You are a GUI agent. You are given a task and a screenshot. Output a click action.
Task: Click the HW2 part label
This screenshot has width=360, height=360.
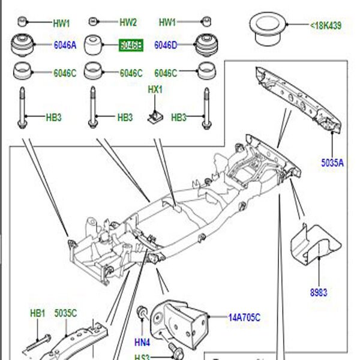tap(128, 23)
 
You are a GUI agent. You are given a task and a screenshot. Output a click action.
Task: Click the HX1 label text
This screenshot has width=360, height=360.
tap(155, 89)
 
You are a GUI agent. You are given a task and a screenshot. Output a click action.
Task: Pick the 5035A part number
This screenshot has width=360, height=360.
tap(331, 161)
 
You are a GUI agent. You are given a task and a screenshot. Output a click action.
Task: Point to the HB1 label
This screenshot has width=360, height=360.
tap(38, 313)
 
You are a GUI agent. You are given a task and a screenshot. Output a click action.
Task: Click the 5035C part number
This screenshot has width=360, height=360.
tap(65, 313)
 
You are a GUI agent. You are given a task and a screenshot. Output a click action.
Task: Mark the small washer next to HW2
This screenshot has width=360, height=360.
tap(93, 22)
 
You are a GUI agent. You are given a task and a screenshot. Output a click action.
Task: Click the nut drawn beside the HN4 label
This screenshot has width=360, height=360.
tap(142, 313)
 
